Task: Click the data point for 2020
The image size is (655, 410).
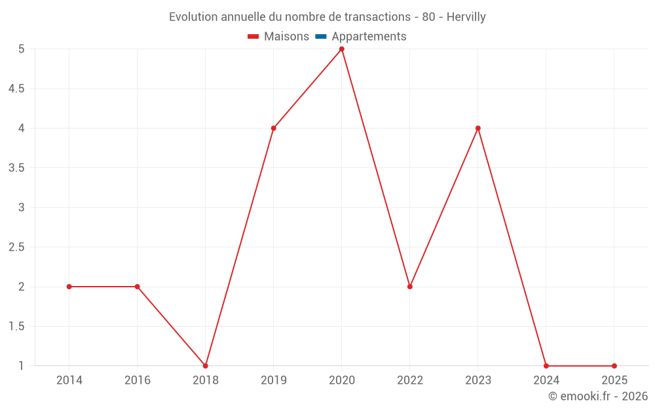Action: click(x=342, y=49)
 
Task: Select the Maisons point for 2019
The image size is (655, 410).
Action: click(x=274, y=128)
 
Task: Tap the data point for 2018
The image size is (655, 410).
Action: click(x=206, y=365)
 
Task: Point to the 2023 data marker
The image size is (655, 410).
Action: click(x=478, y=128)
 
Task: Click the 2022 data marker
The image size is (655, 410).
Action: click(x=410, y=287)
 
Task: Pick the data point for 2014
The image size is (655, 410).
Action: click(x=69, y=287)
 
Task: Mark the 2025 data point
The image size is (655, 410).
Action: click(x=614, y=365)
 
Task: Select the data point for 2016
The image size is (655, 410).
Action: click(x=138, y=287)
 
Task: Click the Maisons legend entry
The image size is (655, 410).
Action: click(x=279, y=37)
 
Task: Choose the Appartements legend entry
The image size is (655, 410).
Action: click(x=362, y=37)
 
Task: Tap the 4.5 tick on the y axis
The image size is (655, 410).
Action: click(x=16, y=89)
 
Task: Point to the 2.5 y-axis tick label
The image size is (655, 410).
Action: click(x=16, y=247)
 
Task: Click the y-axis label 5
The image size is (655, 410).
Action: click(x=22, y=49)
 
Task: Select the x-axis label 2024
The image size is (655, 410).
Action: click(x=546, y=380)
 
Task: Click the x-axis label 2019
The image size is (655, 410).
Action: click(x=274, y=380)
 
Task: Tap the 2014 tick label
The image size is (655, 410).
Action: click(x=69, y=380)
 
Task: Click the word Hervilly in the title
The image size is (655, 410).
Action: click(x=466, y=17)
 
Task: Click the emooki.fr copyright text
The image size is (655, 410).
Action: click(x=598, y=396)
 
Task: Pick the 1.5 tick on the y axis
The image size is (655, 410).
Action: click(x=16, y=327)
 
